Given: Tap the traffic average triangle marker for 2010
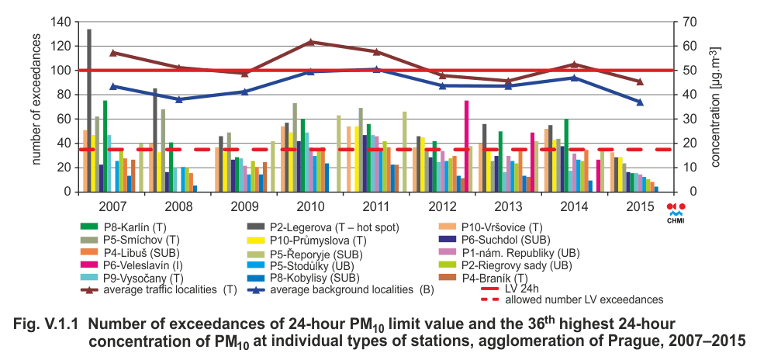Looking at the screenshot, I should coord(310,42).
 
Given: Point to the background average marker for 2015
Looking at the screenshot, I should coord(640,102).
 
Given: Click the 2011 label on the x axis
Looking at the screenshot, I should coord(376,206).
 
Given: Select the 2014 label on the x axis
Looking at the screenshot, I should coord(573,206).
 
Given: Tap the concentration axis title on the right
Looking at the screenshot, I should coord(718,106).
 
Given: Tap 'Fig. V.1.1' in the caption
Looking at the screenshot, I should coord(46,323).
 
